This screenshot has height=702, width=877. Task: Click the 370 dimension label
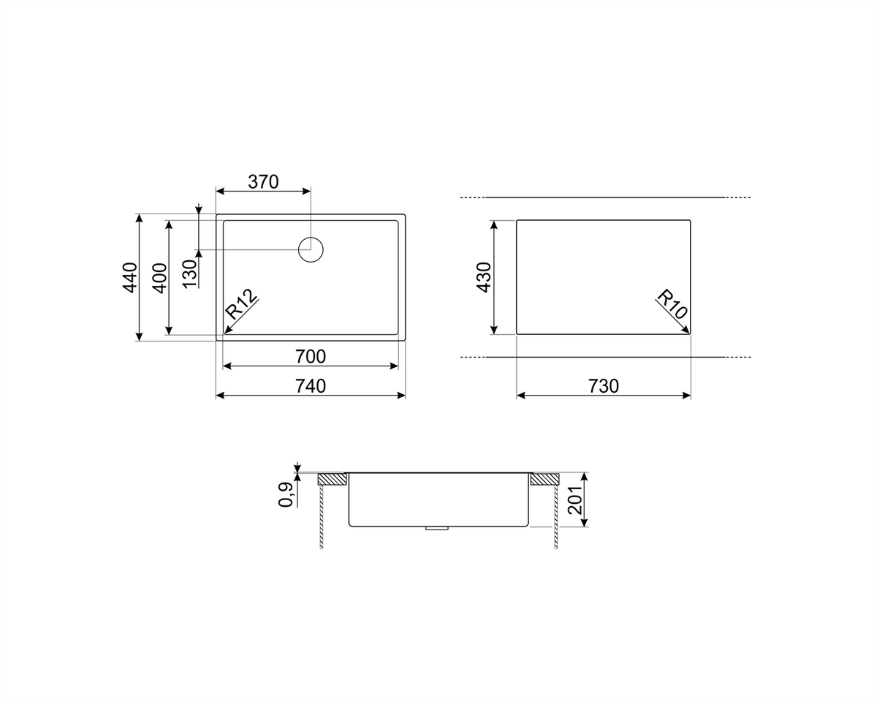[x=263, y=182]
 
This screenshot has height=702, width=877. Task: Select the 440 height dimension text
[x=130, y=277]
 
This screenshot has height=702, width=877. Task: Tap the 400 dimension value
[x=160, y=278]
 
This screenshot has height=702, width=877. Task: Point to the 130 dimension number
[x=190, y=273]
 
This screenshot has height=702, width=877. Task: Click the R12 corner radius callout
[x=242, y=304]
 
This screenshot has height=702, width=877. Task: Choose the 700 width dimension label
[x=311, y=357]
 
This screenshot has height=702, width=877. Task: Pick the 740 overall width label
[x=311, y=386]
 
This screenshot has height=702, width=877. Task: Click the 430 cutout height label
[x=484, y=277]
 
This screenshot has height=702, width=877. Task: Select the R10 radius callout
[x=672, y=304]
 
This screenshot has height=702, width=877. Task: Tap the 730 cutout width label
[x=604, y=386]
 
